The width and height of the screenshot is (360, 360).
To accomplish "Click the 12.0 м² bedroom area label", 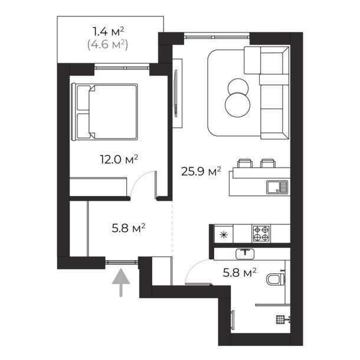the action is tap(119, 159).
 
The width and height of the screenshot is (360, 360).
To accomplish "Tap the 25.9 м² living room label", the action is tap(201, 171).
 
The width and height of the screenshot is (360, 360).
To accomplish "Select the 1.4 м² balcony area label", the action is tap(109, 31).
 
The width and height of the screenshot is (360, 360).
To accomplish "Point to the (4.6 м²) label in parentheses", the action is tap(107, 44).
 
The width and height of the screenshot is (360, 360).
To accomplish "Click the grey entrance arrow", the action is tap(121, 283).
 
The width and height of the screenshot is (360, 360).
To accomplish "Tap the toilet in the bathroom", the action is tap(276, 279).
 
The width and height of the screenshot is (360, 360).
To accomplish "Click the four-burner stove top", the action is tap(261, 233).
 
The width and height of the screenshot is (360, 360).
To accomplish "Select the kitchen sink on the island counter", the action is tap(277, 187).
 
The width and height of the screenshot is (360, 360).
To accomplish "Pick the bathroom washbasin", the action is tap(245, 253).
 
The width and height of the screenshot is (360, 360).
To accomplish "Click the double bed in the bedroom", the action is tap(104, 112).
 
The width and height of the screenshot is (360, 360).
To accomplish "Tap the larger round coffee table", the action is tap(238, 104).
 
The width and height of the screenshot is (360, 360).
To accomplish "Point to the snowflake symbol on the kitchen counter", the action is tap(224, 235).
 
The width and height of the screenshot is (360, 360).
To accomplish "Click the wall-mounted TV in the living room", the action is tap(176, 93).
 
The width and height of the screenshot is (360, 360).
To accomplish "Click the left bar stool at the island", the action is tap(245, 163).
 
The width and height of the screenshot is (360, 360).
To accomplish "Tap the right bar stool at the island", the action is tap(268, 163).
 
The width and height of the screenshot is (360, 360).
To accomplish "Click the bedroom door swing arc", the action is tap(139, 178).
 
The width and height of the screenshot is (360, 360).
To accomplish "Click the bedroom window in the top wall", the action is tap(122, 68).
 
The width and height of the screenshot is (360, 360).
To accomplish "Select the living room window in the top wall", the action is tap(217, 37).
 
